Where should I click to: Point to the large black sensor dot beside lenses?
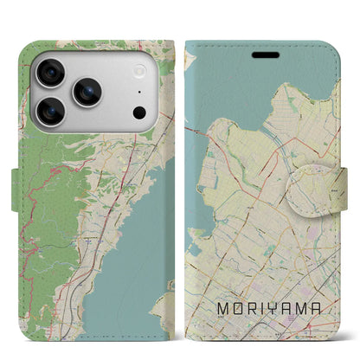138,112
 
